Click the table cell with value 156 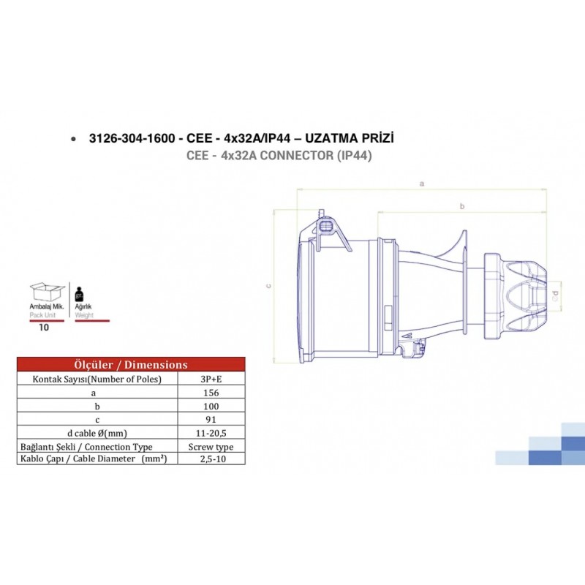tap(211, 392)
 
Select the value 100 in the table tap(211, 405)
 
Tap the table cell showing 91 tap(211, 418)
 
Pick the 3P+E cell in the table tap(211, 379)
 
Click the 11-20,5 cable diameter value tap(211, 432)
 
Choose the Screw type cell tap(211, 446)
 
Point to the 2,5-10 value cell tap(211, 459)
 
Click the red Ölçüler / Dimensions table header tap(131, 364)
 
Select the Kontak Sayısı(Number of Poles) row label tap(97, 379)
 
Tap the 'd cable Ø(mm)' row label tap(97, 432)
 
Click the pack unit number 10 tap(44, 328)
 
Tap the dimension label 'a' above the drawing tap(421, 184)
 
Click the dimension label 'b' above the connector tap(461, 207)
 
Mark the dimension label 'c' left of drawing tap(268, 286)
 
